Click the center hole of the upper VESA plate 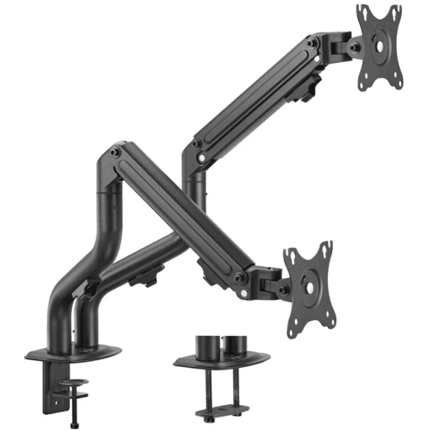point(379,47)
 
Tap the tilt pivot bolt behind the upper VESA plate point(355,47)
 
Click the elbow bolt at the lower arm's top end point(116,152)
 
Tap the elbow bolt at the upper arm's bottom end point(195,144)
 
